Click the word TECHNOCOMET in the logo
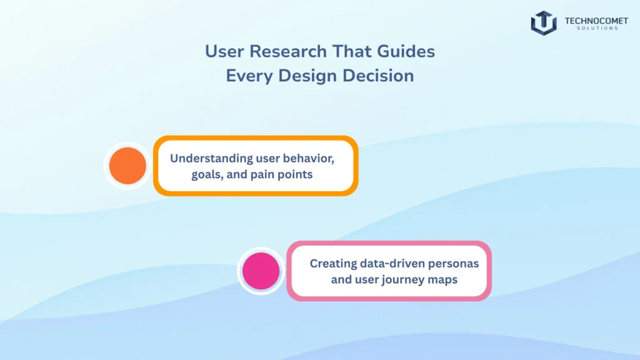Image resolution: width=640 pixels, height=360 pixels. point(591,20)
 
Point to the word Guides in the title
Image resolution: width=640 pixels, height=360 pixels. point(408,51)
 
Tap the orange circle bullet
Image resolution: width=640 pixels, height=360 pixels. point(127,166)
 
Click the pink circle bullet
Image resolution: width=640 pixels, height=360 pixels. point(261,271)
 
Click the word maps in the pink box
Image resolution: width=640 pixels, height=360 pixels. point(444,279)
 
